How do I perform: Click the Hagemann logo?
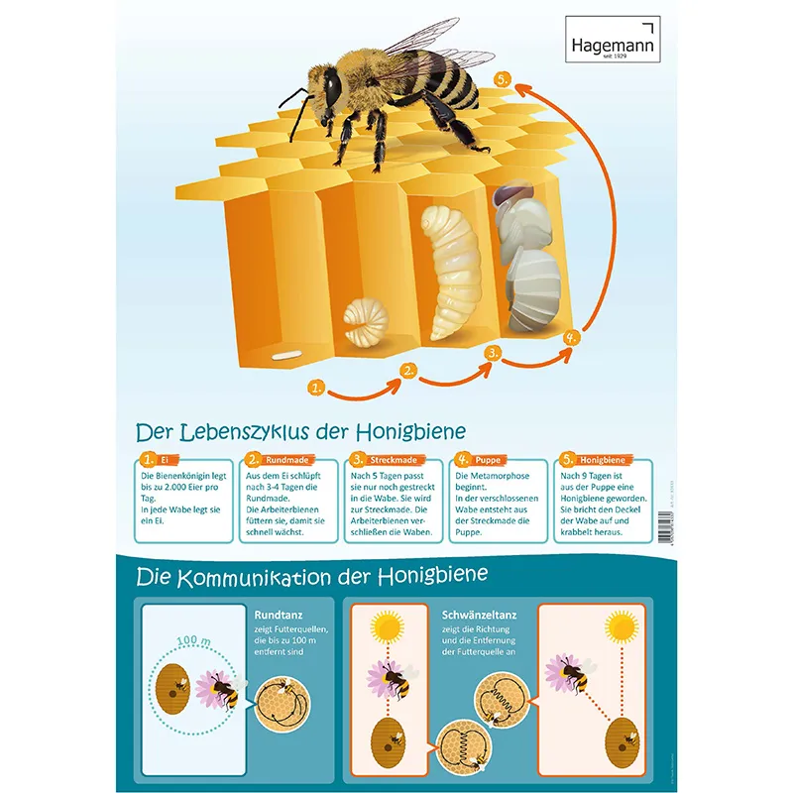click(x=611, y=46)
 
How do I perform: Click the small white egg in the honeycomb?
click(x=287, y=351)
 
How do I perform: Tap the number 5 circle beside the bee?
click(x=505, y=80)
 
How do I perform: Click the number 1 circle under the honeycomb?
click(x=316, y=388)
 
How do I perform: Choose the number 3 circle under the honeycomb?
click(x=493, y=352)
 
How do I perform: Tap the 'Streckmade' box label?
click(x=392, y=460)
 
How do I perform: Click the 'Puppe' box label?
click(x=489, y=460)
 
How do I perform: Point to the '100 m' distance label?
click(x=194, y=641)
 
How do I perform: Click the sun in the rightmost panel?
click(x=622, y=626)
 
